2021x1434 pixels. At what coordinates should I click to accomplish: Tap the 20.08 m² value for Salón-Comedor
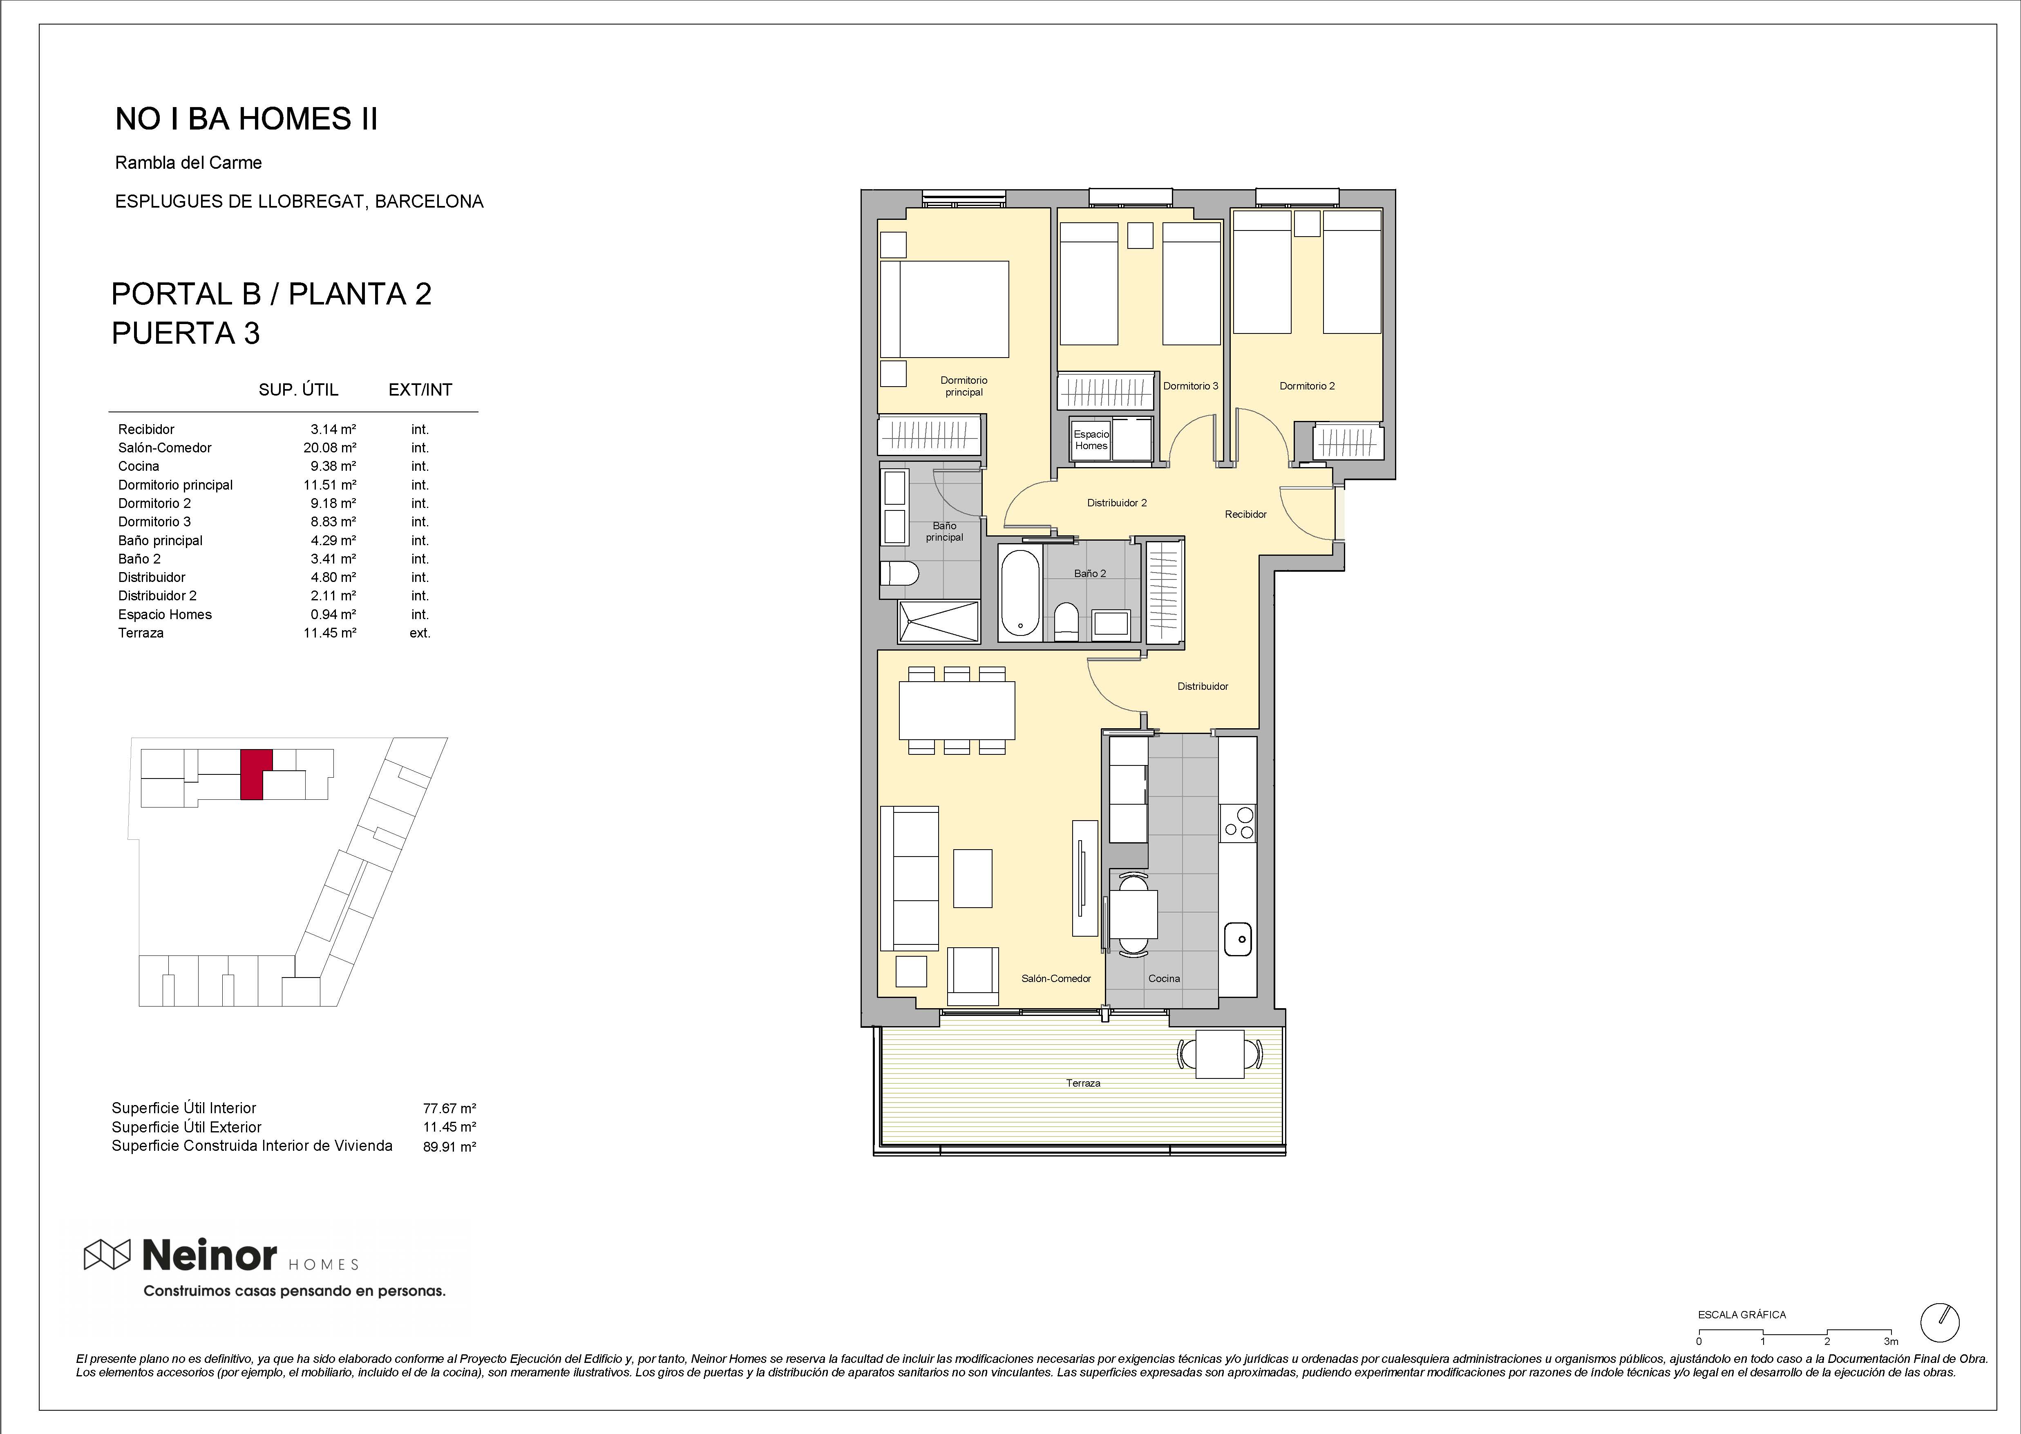[x=329, y=447]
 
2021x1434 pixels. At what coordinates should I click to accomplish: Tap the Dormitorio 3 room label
[x=1190, y=386]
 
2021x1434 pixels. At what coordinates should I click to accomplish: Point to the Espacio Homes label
[x=1091, y=440]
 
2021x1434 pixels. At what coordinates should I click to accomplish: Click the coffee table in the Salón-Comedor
[x=973, y=879]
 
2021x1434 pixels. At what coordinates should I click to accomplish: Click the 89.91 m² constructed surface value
[x=449, y=1147]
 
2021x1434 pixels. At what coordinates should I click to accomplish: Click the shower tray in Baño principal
[x=939, y=622]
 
